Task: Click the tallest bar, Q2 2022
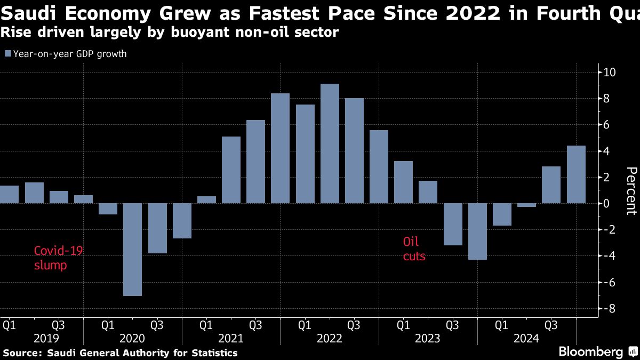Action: (330, 143)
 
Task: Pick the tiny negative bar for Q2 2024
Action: (526, 205)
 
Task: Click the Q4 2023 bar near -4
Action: (477, 231)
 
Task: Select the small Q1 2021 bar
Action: (206, 200)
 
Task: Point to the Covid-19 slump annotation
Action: (58, 258)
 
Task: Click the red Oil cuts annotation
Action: (414, 249)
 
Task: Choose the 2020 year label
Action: (132, 338)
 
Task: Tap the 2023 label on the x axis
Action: (428, 338)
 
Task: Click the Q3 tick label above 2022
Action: (354, 325)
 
